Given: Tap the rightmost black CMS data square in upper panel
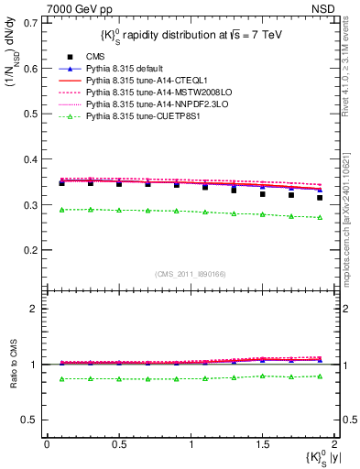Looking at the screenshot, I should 320,197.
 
